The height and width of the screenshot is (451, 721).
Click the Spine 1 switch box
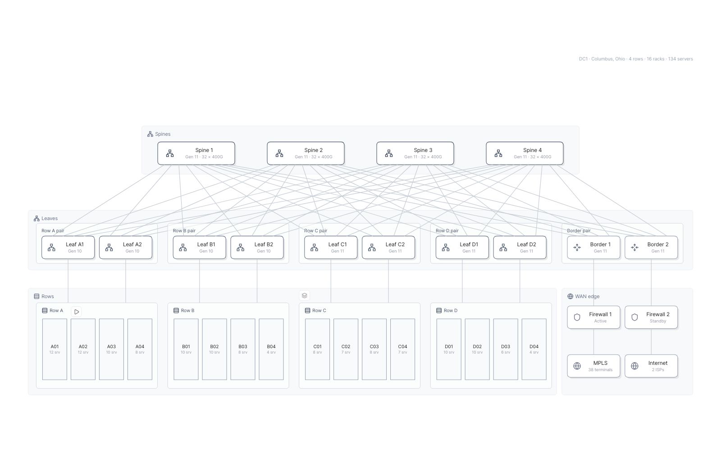(196, 153)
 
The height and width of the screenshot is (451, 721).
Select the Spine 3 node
(415, 153)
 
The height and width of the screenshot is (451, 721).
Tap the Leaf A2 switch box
(126, 248)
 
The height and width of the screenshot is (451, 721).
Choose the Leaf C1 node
(331, 248)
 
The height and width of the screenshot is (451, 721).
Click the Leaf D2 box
(520, 248)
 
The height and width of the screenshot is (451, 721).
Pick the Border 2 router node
(651, 248)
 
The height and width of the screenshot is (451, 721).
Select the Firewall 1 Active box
(593, 318)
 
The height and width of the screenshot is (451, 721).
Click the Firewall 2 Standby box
(651, 318)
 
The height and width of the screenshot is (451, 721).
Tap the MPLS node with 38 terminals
(593, 366)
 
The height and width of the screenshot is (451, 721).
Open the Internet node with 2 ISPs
(651, 366)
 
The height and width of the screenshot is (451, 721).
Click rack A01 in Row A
(55, 349)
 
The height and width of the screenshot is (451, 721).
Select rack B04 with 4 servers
(271, 349)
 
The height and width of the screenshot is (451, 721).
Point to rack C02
(346, 349)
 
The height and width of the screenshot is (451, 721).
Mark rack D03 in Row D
(506, 349)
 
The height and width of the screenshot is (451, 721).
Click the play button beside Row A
(76, 312)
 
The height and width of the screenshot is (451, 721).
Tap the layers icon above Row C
(305, 295)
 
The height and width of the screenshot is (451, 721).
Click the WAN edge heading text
(587, 296)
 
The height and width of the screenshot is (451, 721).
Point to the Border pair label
(579, 230)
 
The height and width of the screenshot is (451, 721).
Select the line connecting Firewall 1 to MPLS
(593, 341)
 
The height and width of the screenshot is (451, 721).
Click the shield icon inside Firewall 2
(634, 318)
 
